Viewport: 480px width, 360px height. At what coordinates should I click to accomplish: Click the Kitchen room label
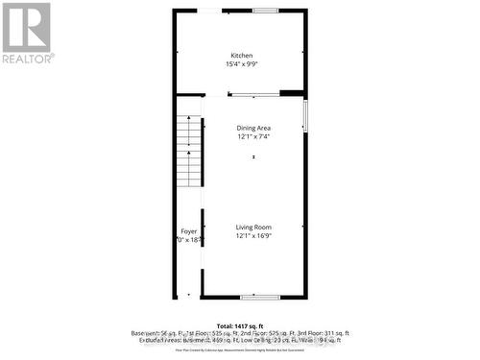[241, 55]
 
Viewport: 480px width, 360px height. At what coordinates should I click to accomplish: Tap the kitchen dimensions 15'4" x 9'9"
[241, 64]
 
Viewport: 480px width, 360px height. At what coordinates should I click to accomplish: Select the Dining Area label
[254, 127]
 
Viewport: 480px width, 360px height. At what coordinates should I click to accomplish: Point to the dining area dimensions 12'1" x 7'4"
[254, 136]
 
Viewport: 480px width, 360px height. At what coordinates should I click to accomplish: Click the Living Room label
[254, 227]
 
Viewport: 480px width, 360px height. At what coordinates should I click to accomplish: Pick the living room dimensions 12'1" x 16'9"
[254, 236]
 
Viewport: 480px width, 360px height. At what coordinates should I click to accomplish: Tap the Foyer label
[189, 231]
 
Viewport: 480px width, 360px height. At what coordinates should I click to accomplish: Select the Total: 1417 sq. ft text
[240, 325]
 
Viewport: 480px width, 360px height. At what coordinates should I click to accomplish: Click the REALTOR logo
[27, 34]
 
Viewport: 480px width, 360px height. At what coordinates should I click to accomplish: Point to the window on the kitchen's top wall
[266, 11]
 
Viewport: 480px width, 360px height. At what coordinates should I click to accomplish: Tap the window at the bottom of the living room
[254, 297]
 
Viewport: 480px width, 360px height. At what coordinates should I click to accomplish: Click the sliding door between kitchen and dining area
[253, 94]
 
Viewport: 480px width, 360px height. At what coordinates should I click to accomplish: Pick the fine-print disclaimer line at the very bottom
[240, 350]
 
